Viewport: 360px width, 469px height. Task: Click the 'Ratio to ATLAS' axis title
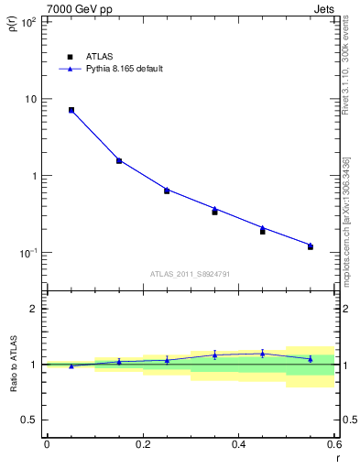pos(13,365)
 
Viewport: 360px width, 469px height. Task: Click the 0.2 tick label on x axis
pos(142,444)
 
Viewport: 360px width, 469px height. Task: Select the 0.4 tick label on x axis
pos(238,444)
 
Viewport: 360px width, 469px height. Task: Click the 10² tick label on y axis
pos(27,22)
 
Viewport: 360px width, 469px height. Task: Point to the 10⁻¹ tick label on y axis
pos(27,253)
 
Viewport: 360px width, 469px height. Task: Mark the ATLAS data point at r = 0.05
pos(71,110)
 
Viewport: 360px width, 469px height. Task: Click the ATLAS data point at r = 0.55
pos(311,247)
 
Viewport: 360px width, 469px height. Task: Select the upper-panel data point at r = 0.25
pos(167,191)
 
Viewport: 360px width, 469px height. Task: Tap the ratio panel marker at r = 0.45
pos(262,354)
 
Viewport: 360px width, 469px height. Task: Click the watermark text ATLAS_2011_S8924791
pos(190,274)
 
